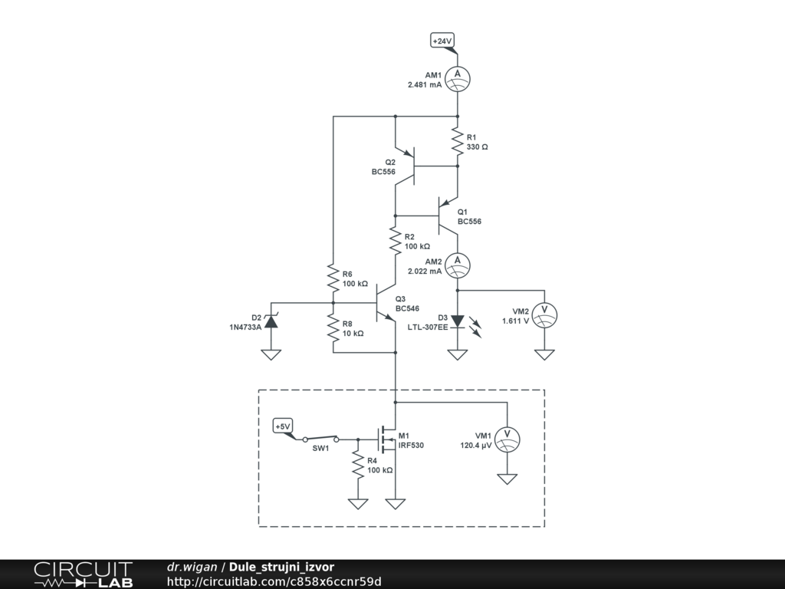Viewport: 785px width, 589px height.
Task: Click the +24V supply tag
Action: click(443, 41)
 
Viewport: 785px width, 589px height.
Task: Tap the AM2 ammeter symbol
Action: click(458, 265)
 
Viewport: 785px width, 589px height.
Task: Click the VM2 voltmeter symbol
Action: click(544, 314)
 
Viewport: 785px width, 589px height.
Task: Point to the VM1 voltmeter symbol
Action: click(507, 437)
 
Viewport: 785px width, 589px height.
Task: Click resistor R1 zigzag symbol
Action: click(458, 141)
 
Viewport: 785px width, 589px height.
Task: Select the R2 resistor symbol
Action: click(396, 241)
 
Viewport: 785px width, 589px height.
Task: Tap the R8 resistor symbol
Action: click(333, 327)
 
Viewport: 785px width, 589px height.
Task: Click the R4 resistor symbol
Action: click(357, 465)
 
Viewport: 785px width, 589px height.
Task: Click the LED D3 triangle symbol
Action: click(458, 321)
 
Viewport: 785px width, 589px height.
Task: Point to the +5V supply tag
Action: click(283, 426)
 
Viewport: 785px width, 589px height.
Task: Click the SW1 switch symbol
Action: click(320, 439)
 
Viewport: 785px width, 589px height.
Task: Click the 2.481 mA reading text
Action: click(425, 85)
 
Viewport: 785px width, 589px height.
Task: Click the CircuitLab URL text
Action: click(274, 581)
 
